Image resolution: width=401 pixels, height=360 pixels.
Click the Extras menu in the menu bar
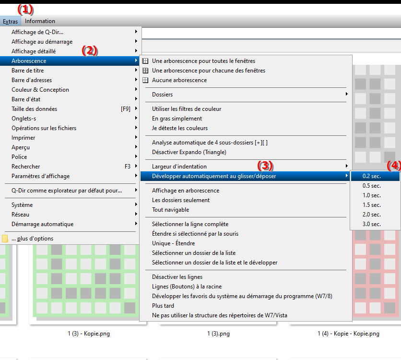pos(10,21)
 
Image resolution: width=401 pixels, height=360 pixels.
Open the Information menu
pos(40,21)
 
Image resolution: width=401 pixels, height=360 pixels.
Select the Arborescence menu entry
pos(29,61)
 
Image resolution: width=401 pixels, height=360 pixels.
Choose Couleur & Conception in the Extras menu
pos(40,90)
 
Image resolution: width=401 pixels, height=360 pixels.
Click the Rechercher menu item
pos(25,166)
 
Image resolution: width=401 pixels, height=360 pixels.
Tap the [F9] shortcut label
pos(126,109)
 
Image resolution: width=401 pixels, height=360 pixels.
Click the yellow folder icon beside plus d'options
pos(5,239)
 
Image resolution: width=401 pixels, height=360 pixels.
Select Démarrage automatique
pos(43,224)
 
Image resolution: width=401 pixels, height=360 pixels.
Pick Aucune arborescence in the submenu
pos(179,80)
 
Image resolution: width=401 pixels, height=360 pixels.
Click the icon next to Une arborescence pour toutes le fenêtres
pos(145,61)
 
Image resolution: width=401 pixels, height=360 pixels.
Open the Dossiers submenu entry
pos(163,95)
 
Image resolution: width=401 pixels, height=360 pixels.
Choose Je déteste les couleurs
pos(180,128)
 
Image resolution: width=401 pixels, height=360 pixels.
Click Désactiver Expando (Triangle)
pos(189,152)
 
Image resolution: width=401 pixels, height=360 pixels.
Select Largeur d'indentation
pos(179,167)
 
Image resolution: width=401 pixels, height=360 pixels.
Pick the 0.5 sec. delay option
pos(372,186)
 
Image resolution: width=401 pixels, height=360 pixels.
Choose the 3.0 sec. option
pos(372,224)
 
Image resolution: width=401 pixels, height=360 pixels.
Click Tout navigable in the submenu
pos(171,210)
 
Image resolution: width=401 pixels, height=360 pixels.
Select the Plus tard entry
pos(163,306)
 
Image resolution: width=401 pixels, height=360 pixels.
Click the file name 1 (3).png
pos(218,334)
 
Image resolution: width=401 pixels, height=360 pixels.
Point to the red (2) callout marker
pos(90,51)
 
